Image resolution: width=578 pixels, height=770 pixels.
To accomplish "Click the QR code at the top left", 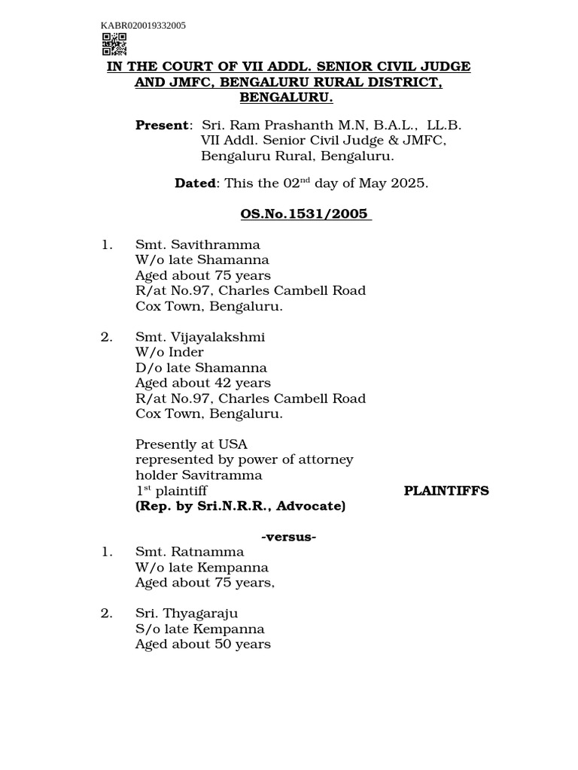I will [114, 44].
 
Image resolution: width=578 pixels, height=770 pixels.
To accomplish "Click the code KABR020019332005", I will [143, 26].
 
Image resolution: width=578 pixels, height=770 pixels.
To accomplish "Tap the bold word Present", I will [161, 126].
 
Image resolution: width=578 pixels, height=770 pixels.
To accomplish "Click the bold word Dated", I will [195, 183].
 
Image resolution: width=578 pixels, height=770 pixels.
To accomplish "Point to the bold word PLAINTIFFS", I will [446, 491].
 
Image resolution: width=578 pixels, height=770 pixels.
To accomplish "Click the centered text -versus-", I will [288, 537].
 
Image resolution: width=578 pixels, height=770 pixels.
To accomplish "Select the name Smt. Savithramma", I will [197, 245].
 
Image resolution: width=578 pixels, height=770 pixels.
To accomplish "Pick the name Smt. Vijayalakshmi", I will [199, 337].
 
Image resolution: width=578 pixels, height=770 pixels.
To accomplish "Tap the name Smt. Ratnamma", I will [189, 552].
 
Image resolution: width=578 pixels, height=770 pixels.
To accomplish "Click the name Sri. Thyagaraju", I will [187, 614].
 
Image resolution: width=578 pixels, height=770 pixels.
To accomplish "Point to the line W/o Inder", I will [169, 353].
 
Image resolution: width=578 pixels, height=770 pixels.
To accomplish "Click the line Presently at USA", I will [191, 444].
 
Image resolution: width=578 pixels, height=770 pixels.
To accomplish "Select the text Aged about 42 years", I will [202, 383].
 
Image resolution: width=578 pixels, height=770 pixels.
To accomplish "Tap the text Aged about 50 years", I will [202, 644].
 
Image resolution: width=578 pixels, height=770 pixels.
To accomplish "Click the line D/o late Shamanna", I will [201, 368].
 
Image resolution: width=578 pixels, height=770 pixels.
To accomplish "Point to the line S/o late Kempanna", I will [199, 629].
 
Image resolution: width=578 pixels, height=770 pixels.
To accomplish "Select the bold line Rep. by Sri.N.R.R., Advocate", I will [240, 507].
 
